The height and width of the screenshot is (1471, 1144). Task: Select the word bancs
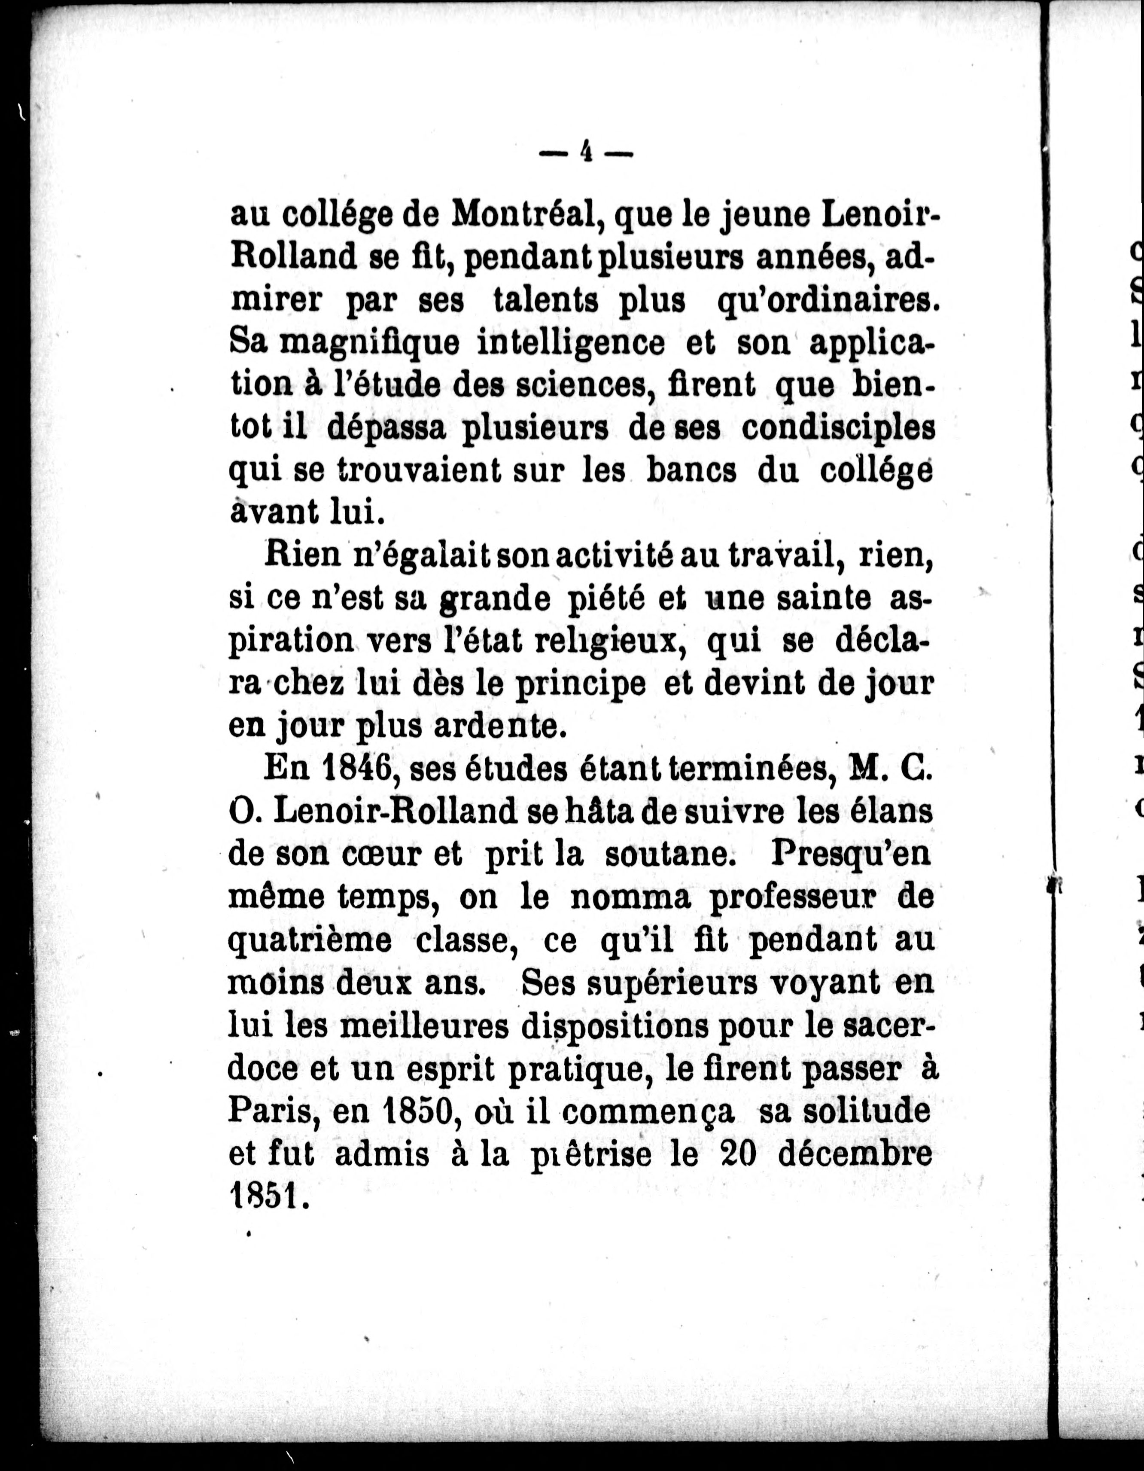tap(691, 471)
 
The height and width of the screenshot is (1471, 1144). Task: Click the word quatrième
tap(310, 940)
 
